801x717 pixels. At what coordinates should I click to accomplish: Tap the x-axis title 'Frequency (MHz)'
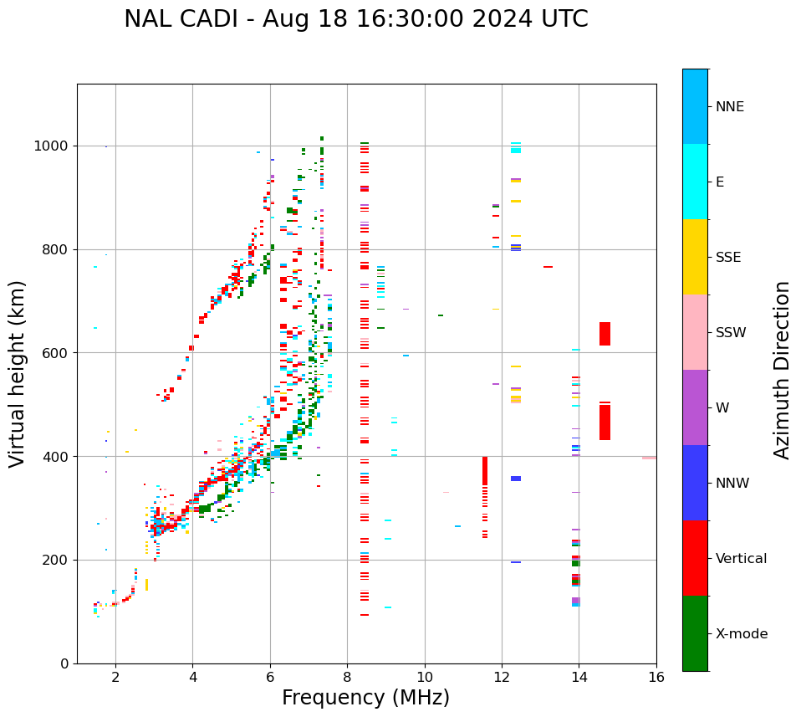click(365, 698)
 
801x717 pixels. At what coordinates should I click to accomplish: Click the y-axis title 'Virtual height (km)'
click(18, 374)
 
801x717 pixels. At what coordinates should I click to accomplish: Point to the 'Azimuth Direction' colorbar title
click(782, 370)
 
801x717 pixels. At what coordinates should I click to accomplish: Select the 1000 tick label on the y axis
click(52, 146)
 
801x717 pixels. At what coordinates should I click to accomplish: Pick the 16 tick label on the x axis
click(656, 677)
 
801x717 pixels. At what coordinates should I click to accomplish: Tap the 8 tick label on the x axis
click(347, 677)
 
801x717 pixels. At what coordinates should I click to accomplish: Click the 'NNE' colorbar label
click(729, 107)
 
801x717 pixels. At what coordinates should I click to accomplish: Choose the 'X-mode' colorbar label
click(741, 634)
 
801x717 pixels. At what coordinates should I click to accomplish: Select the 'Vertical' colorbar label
click(741, 559)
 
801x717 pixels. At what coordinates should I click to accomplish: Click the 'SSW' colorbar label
click(731, 333)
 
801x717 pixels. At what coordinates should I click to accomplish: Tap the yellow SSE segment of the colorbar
click(695, 257)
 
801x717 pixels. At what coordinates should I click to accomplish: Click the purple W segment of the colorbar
click(695, 407)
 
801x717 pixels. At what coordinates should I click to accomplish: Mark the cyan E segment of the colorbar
click(695, 182)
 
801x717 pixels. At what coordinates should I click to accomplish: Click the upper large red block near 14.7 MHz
click(605, 334)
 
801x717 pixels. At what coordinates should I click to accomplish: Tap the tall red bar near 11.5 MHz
click(484, 471)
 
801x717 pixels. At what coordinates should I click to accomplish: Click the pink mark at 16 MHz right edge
click(649, 458)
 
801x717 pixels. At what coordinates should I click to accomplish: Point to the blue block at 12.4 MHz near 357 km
click(516, 479)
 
